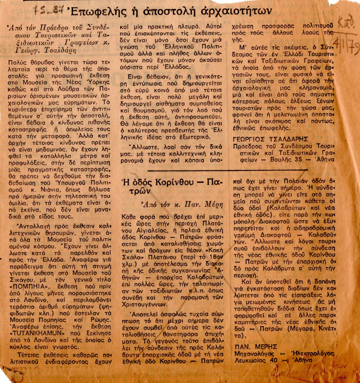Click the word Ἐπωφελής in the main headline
point(93,12)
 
